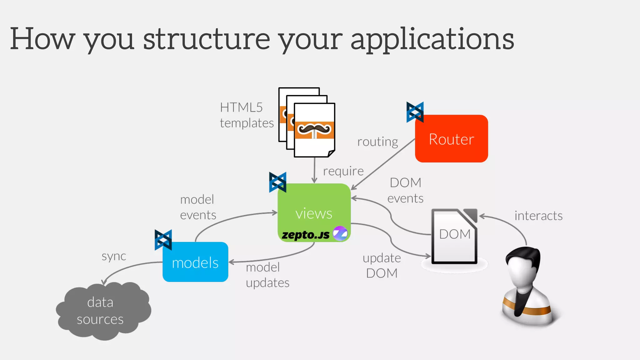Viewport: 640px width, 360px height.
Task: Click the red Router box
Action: (451, 138)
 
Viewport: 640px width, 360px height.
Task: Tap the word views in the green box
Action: (314, 214)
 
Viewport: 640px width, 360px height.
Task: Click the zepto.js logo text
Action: (305, 235)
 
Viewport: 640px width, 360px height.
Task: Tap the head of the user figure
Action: (523, 266)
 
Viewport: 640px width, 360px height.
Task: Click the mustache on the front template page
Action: (314, 129)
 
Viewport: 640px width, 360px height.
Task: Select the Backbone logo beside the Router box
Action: (415, 112)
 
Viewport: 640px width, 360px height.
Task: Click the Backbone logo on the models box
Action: (163, 240)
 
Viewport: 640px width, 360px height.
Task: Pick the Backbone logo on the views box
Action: (277, 182)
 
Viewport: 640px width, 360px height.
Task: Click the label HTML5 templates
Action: (246, 115)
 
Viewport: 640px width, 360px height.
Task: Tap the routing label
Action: (377, 142)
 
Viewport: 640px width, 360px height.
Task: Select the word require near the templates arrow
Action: (343, 171)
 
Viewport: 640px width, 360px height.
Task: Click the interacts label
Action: (538, 216)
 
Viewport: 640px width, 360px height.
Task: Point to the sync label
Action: (114, 256)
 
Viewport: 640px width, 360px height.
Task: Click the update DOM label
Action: (382, 265)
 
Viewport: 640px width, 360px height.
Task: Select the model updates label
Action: (267, 275)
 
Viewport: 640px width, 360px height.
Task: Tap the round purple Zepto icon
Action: (340, 233)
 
